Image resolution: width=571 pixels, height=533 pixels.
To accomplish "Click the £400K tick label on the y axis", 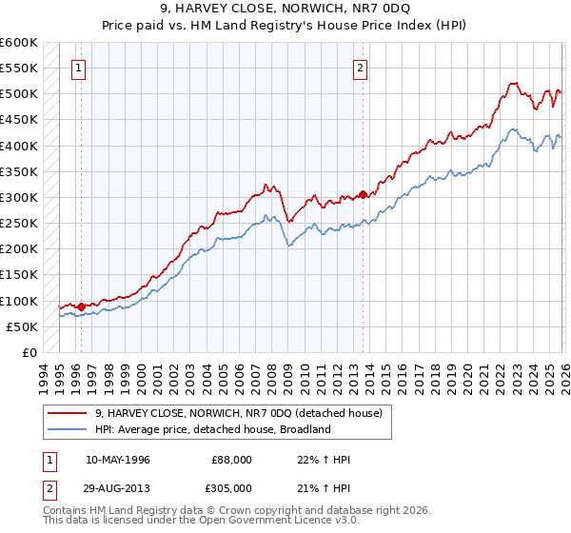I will click(19, 146).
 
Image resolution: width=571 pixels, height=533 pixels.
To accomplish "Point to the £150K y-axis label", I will click(19, 275).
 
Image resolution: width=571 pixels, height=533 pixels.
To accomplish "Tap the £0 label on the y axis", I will click(29, 352).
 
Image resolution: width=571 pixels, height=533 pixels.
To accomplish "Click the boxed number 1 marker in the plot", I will click(77, 68).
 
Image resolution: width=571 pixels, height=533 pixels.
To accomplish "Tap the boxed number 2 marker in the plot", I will click(361, 68).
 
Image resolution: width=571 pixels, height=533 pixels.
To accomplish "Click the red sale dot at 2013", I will click(364, 195).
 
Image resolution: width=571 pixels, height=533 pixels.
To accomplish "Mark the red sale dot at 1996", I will click(82, 306).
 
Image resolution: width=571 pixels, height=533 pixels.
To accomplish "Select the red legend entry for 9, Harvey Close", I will click(238, 413).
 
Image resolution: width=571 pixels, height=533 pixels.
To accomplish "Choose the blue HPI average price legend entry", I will click(211, 429).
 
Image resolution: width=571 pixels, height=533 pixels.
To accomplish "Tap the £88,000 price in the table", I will click(231, 460).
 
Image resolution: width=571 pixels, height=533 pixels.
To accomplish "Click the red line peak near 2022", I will click(512, 84).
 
